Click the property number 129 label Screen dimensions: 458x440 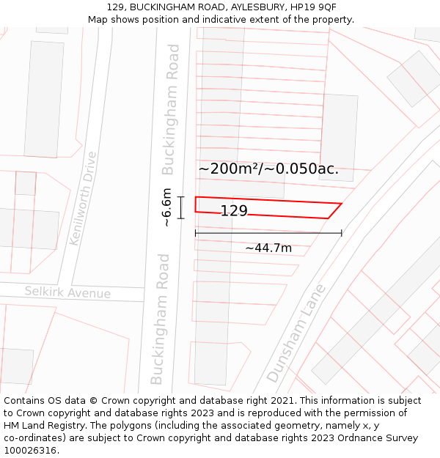click(234, 211)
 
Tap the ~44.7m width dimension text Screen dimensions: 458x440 click(268, 248)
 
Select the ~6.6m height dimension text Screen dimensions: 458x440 click(166, 207)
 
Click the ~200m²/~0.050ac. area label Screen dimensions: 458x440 click(268, 169)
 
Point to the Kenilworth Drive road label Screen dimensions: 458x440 click(83, 198)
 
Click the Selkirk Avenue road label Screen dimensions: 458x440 click(67, 292)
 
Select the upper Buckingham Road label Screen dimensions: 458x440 click(170, 109)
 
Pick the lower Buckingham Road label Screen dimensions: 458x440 click(161, 319)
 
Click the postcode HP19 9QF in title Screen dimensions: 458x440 click(313, 7)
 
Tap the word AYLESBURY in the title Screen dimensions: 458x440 click(249, 7)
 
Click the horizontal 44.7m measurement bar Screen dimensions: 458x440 click(268, 234)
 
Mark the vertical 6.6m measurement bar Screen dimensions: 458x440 click(180, 207)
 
